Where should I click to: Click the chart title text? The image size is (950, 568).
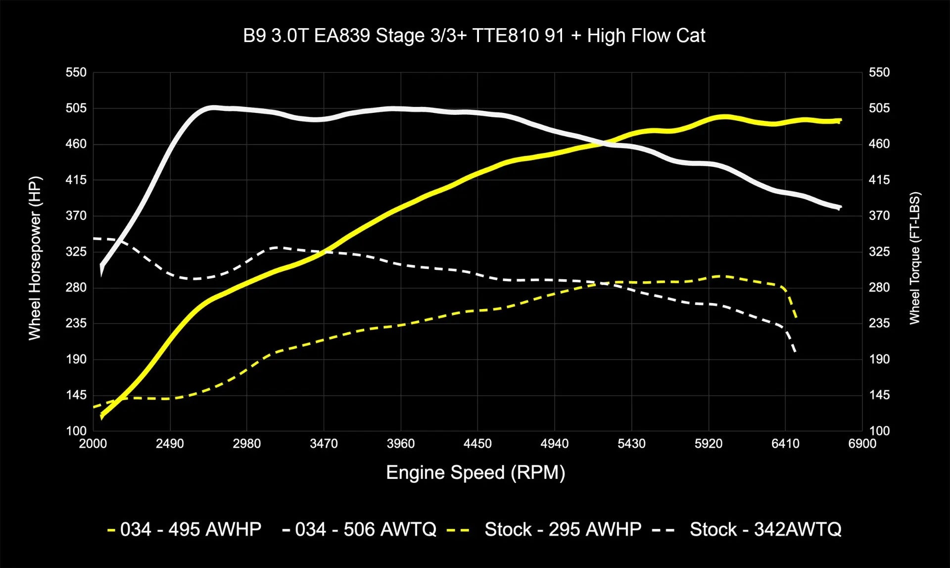point(474,36)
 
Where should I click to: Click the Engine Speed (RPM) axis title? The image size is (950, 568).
point(475,472)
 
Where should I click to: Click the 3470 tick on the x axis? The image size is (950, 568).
point(324,444)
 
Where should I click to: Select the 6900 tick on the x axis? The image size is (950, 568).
point(862,444)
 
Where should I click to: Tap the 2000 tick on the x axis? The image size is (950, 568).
point(93,444)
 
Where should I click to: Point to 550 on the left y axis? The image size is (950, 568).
point(76,72)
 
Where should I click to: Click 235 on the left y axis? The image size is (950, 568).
point(76,323)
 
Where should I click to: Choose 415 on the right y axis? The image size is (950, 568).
point(879,180)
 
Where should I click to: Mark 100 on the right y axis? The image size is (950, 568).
point(879,431)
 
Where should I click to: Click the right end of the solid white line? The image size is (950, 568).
point(840,207)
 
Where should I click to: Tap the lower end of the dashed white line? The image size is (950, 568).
point(795,352)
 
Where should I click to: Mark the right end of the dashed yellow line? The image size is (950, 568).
point(796,317)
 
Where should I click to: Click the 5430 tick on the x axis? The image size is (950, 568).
point(631,444)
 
